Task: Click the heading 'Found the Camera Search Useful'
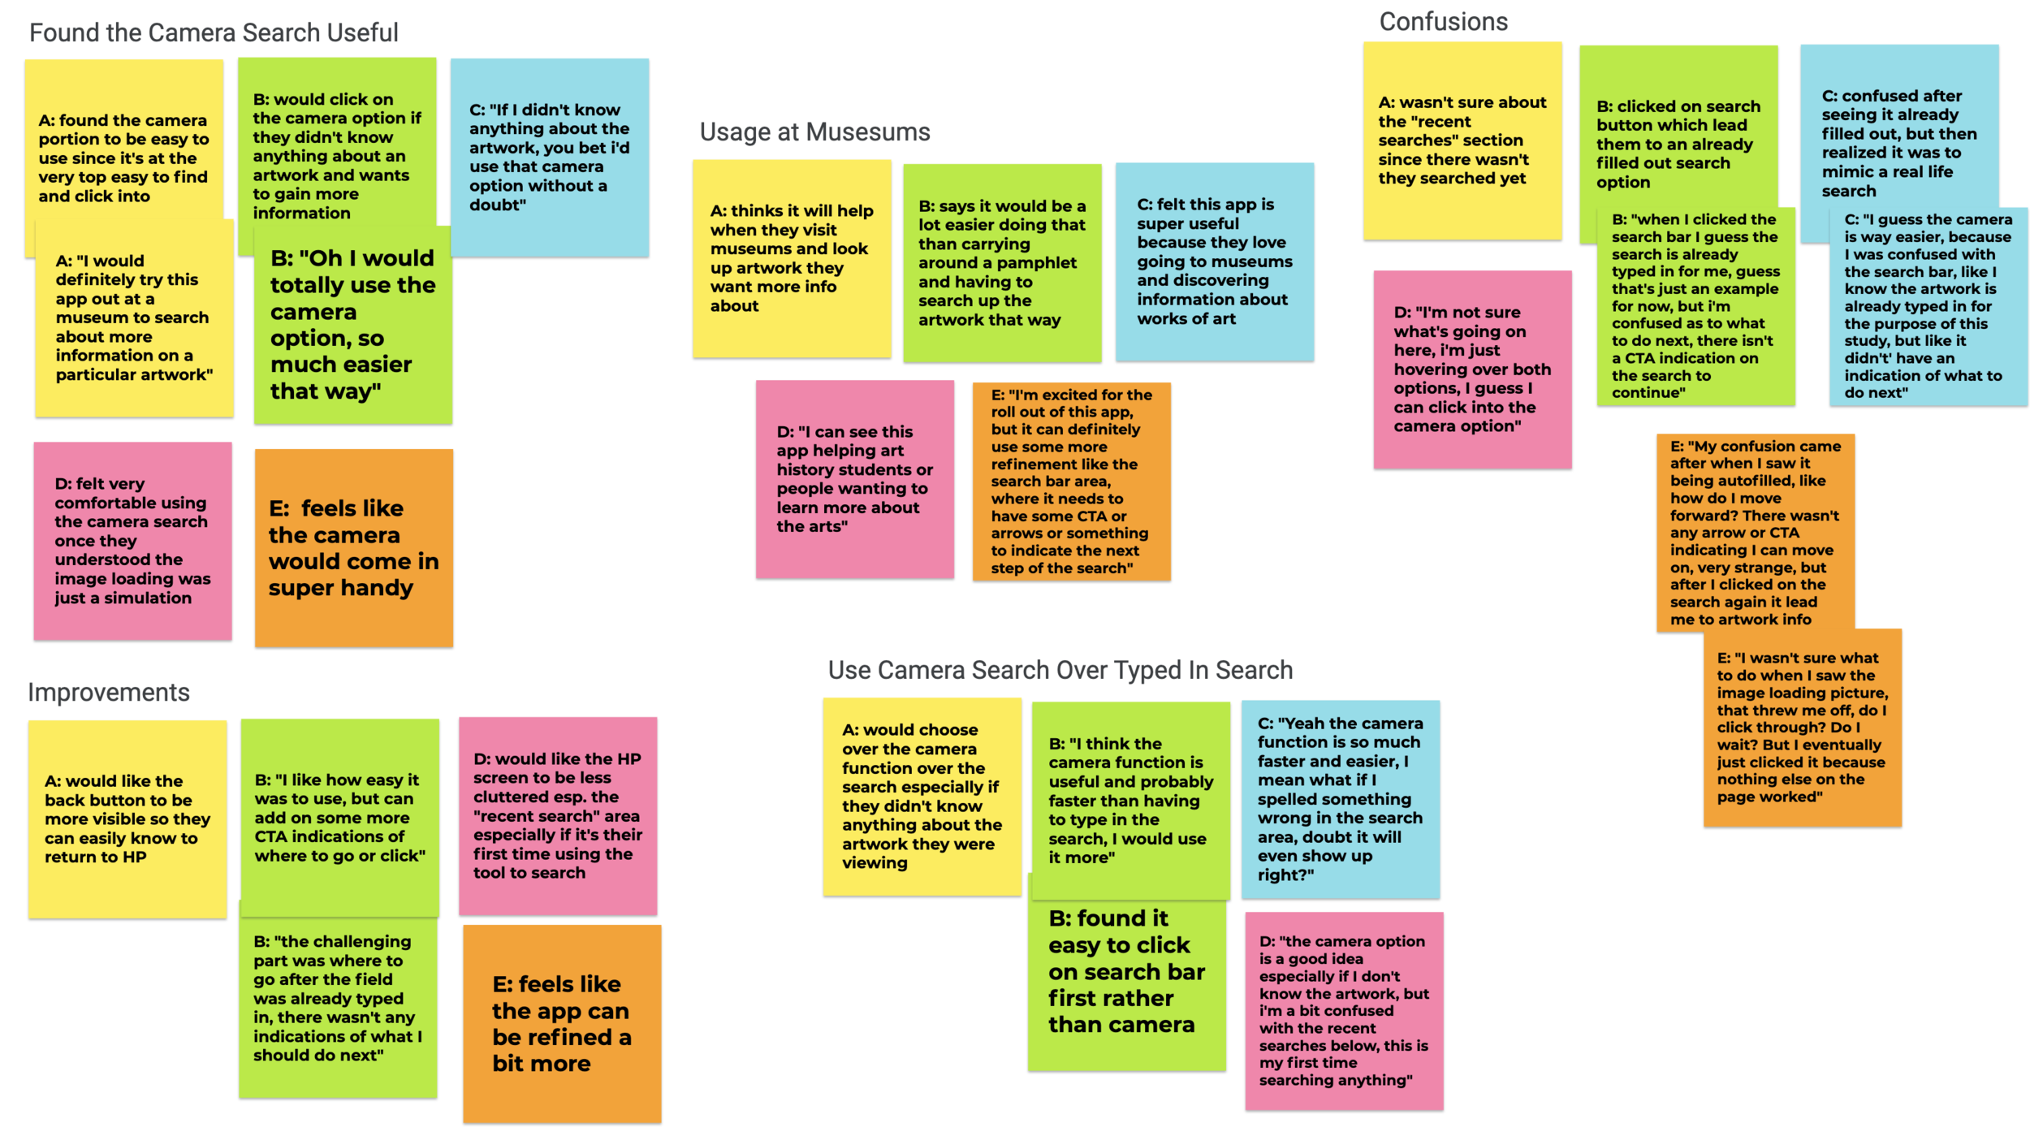(x=214, y=33)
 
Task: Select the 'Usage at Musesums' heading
(x=814, y=132)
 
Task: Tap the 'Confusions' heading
(x=1443, y=22)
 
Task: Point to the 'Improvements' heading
(x=109, y=693)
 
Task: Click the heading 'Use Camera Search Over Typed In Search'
(x=1060, y=671)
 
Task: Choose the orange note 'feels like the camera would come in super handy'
(x=353, y=548)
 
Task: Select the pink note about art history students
(x=854, y=479)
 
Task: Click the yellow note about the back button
(x=127, y=819)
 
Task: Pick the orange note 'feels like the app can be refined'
(x=562, y=1024)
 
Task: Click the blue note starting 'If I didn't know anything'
(x=550, y=158)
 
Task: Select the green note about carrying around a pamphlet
(x=1002, y=263)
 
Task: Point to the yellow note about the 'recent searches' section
(x=1462, y=140)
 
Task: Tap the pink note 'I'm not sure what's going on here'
(x=1472, y=369)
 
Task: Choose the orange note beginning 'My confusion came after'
(x=1755, y=532)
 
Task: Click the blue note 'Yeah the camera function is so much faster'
(x=1340, y=799)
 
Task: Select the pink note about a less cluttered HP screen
(x=558, y=816)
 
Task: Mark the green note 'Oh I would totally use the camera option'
(x=352, y=325)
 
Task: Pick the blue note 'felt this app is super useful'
(x=1214, y=261)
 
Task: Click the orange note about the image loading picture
(x=1802, y=728)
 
